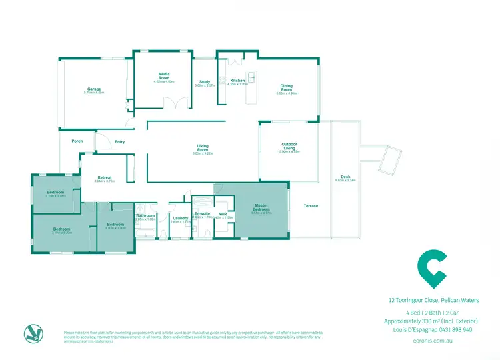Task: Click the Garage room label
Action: (x=94, y=89)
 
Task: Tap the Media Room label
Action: (x=163, y=76)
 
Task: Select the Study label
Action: (x=205, y=82)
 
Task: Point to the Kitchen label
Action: (x=238, y=81)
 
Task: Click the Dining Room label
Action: (x=287, y=87)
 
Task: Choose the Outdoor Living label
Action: (x=289, y=146)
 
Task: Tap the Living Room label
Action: (x=203, y=148)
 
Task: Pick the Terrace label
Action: (x=311, y=206)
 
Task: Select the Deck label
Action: (x=347, y=177)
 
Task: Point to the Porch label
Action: (x=77, y=141)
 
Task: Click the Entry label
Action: (x=120, y=141)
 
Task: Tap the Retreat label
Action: (x=103, y=177)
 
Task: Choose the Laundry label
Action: (x=180, y=218)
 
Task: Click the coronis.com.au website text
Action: (x=433, y=340)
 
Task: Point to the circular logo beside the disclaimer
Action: (x=32, y=333)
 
